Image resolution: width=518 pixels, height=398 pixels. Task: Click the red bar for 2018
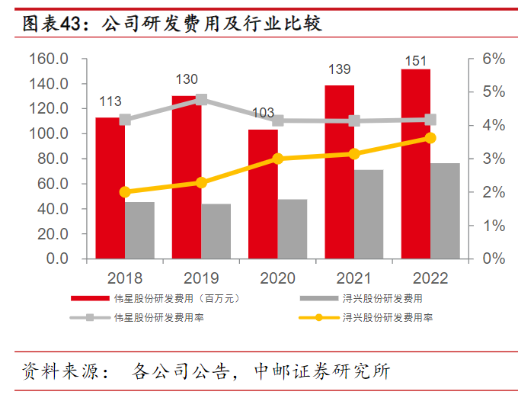pos(110,188)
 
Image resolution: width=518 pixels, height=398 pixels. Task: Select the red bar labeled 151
pos(416,164)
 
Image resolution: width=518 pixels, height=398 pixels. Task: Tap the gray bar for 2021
pos(369,214)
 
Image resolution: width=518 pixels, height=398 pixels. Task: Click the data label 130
pos(187,79)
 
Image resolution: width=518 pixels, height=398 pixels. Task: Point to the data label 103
pos(263,113)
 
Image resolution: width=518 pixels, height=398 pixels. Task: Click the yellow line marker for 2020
pos(278,159)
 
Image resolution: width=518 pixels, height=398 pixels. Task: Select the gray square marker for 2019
pos(202,100)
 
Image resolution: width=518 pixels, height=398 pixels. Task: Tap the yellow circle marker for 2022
pos(430,138)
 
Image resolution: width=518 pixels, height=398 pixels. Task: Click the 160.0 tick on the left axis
pos(49,59)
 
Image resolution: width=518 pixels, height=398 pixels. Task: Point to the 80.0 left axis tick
pos(52,159)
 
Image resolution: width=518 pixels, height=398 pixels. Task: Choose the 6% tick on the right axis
pos(494,59)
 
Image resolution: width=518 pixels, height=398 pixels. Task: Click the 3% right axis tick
pos(494,159)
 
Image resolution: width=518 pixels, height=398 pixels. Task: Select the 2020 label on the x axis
pos(277,278)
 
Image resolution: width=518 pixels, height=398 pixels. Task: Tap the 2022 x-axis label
pos(430,278)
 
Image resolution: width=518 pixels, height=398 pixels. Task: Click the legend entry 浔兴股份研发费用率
pos(388,316)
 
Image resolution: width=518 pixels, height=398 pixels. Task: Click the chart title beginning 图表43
pos(172,24)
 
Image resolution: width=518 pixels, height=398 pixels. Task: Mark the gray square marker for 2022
pos(430,120)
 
